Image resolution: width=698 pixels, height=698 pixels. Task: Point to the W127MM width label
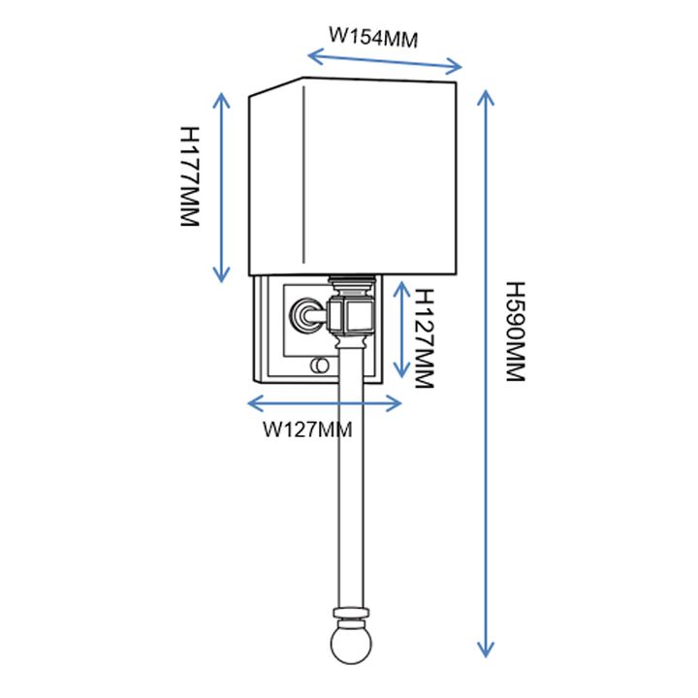pyautogui.click(x=308, y=428)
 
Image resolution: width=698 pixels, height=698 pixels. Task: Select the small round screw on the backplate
pyautogui.click(x=316, y=365)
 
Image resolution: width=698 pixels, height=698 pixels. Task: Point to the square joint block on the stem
pyautogui.click(x=350, y=313)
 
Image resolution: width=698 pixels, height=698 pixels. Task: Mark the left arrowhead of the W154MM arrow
pyautogui.click(x=309, y=53)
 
